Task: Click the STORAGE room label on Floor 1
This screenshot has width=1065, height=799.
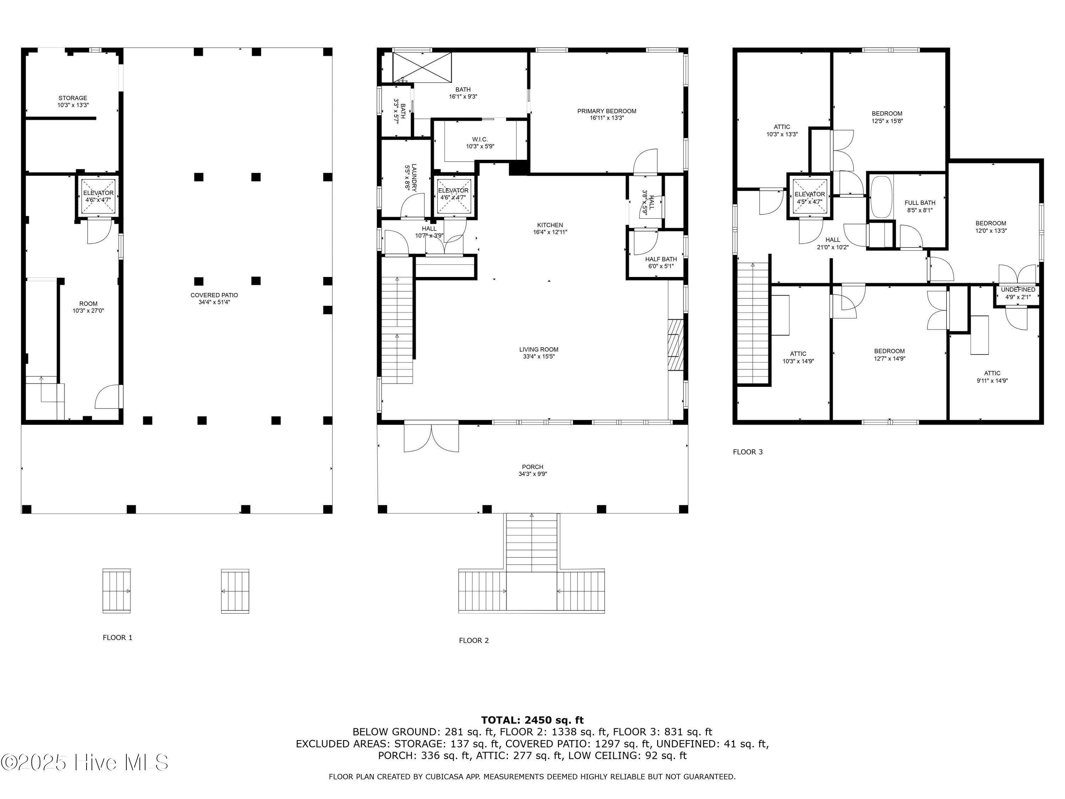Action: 73,98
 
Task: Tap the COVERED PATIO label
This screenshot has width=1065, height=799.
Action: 214,295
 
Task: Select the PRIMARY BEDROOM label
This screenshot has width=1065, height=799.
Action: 607,111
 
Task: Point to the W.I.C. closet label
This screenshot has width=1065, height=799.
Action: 480,140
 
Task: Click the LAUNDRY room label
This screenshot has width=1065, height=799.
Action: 414,178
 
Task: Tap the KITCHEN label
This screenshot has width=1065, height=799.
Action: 550,225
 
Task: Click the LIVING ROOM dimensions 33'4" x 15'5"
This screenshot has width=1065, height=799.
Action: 539,357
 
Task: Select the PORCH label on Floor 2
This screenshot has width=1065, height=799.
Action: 532,467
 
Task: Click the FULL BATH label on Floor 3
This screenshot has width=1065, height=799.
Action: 920,203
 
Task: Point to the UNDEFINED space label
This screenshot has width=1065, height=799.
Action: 1018,290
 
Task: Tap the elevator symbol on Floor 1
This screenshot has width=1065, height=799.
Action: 98,196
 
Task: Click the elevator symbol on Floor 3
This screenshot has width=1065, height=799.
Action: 810,196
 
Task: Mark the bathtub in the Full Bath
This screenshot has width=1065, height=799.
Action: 881,197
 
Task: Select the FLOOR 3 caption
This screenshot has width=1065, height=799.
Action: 748,452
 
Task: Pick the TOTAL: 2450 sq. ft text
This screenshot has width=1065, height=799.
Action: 532,720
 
